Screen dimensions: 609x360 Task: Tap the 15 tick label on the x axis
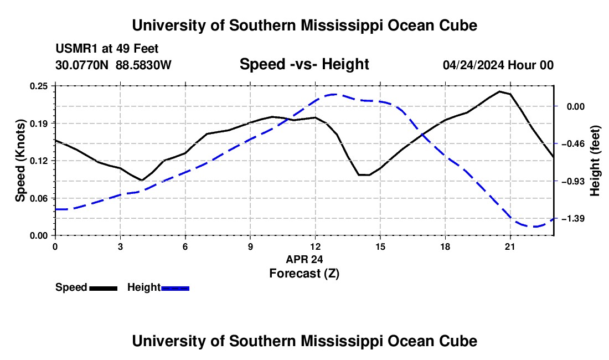pyautogui.click(x=380, y=246)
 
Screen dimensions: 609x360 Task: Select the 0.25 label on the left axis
pyautogui.click(x=38, y=86)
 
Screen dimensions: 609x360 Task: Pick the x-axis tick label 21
pyautogui.click(x=509, y=246)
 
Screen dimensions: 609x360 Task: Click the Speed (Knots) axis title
pyautogui.click(x=20, y=161)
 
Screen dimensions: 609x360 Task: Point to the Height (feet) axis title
pyautogui.click(x=595, y=161)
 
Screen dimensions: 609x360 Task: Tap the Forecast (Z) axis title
pyautogui.click(x=304, y=274)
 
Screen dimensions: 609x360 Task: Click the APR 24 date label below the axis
pyautogui.click(x=304, y=259)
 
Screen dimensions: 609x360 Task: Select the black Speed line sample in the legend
pyautogui.click(x=104, y=289)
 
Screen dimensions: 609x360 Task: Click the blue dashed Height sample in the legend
pyautogui.click(x=175, y=289)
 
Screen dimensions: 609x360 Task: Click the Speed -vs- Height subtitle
pyautogui.click(x=304, y=64)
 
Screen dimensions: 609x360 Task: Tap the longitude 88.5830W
pyautogui.click(x=143, y=65)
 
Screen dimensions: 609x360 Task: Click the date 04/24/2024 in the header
pyautogui.click(x=473, y=65)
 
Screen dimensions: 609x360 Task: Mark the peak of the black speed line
pyautogui.click(x=499, y=91)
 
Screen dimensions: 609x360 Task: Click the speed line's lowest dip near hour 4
pyautogui.click(x=142, y=180)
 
